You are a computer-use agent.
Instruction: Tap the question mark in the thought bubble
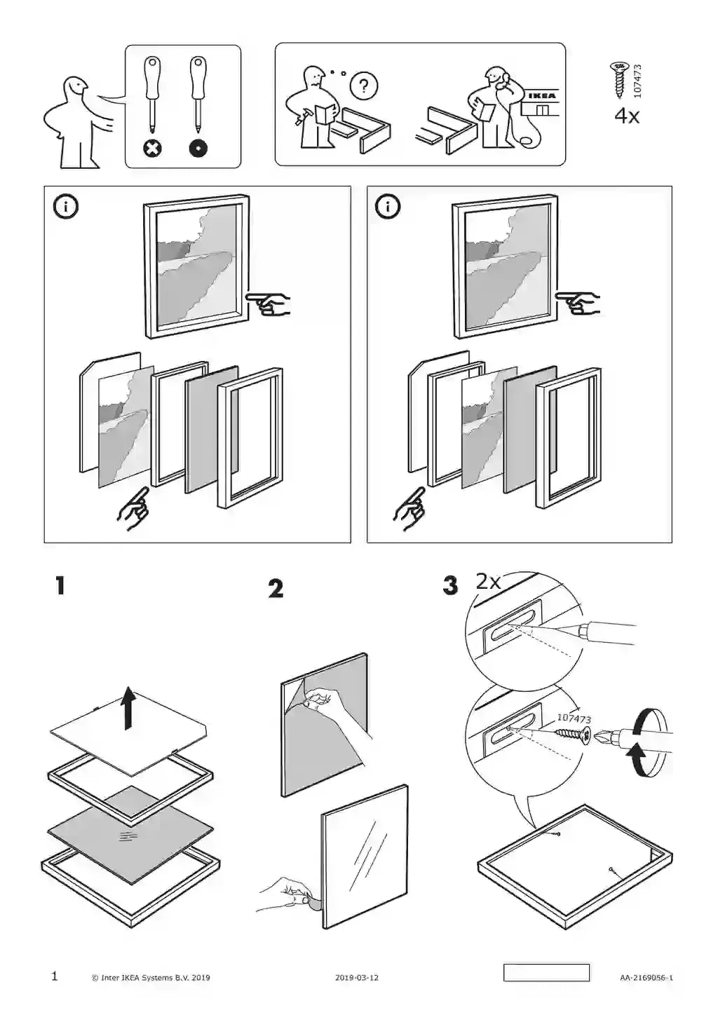click(x=363, y=86)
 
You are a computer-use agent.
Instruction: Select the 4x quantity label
click(x=627, y=116)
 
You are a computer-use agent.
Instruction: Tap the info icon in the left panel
click(x=68, y=207)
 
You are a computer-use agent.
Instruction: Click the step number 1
click(x=60, y=586)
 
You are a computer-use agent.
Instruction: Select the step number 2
click(x=276, y=589)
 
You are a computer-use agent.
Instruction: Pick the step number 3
click(x=450, y=586)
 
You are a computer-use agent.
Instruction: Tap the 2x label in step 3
click(x=488, y=581)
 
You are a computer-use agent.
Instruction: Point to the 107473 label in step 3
click(x=574, y=718)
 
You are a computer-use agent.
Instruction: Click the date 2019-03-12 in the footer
click(x=356, y=977)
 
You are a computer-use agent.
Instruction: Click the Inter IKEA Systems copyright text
click(x=151, y=977)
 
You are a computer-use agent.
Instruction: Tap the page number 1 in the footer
click(x=55, y=976)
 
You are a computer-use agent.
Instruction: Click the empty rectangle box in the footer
click(x=546, y=973)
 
